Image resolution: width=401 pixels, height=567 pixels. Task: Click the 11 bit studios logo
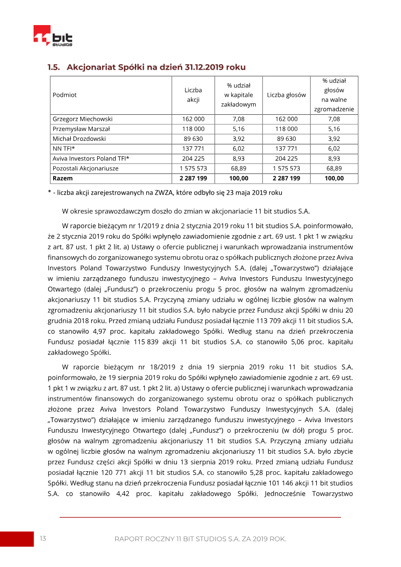click(53, 36)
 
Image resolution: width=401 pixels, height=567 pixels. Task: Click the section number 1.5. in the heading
click(54, 67)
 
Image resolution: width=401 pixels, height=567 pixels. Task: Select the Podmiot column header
click(65, 95)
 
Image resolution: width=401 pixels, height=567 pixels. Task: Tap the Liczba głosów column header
click(286, 95)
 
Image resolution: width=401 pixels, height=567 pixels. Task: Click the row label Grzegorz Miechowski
click(82, 119)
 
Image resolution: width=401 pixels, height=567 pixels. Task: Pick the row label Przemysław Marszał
click(81, 129)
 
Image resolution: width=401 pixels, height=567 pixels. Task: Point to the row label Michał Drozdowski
click(79, 139)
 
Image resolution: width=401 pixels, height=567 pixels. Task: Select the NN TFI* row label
click(64, 149)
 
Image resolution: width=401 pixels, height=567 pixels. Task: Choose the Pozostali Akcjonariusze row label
click(85, 168)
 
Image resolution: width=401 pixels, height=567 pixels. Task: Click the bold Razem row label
click(63, 178)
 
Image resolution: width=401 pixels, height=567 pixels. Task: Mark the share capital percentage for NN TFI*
click(238, 149)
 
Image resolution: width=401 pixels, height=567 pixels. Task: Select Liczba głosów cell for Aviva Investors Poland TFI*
click(286, 158)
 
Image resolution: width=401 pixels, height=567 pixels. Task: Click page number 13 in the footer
click(43, 538)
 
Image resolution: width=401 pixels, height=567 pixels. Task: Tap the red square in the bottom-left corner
click(16, 539)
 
